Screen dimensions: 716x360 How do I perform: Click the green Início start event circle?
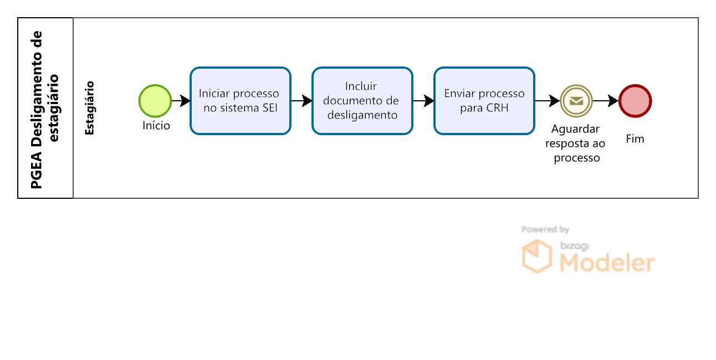[x=155, y=101]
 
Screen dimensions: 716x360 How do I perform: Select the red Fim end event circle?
[x=635, y=101]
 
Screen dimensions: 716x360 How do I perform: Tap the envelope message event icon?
[x=576, y=101]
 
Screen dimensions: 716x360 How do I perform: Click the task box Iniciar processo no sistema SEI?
[x=241, y=101]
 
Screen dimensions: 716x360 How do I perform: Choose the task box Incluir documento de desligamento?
[x=362, y=101]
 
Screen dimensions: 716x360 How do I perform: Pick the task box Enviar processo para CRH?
[x=484, y=101]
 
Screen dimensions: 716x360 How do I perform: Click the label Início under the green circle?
[x=156, y=126]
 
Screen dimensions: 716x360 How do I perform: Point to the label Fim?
[x=635, y=138]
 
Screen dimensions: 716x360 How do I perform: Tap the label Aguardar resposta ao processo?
[x=576, y=143]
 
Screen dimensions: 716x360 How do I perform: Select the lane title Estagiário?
[x=90, y=108]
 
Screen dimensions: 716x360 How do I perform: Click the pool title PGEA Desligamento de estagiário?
[x=44, y=110]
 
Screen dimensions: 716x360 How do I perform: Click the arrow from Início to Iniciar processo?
[x=181, y=101]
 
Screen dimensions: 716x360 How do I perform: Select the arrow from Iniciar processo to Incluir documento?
[x=301, y=101]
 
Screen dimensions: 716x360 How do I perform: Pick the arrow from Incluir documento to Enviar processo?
[x=423, y=101]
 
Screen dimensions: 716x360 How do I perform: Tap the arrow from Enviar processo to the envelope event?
[x=547, y=101]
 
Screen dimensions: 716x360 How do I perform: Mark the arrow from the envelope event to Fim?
[x=606, y=101]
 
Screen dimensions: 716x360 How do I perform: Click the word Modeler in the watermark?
[x=607, y=263]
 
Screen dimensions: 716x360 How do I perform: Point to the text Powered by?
[x=545, y=229]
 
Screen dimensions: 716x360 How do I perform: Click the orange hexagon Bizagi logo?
[x=537, y=256]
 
